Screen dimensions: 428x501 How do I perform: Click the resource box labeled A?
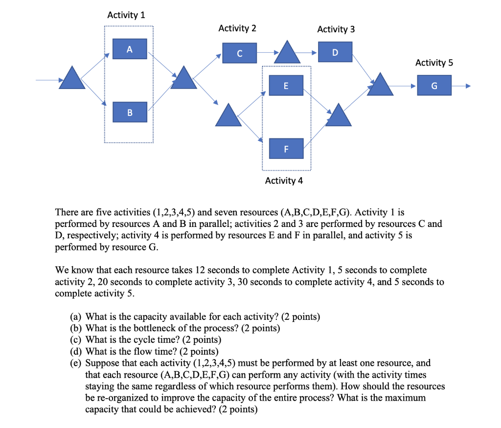129,49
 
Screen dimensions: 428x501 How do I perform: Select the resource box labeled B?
129,113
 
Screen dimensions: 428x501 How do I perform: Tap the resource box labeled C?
239,53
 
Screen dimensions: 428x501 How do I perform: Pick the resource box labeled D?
335,52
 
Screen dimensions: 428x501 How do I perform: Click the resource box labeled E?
286,86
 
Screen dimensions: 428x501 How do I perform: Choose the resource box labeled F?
286,148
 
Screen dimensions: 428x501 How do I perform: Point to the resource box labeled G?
434,85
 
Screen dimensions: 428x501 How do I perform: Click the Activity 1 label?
126,15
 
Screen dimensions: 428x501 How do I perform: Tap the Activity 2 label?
237,28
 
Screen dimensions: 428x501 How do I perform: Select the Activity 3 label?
336,29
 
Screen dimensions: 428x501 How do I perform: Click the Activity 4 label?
284,180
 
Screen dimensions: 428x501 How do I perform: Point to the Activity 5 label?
434,63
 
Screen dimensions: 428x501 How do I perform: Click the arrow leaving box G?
461,86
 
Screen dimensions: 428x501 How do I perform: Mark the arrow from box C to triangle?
268,52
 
